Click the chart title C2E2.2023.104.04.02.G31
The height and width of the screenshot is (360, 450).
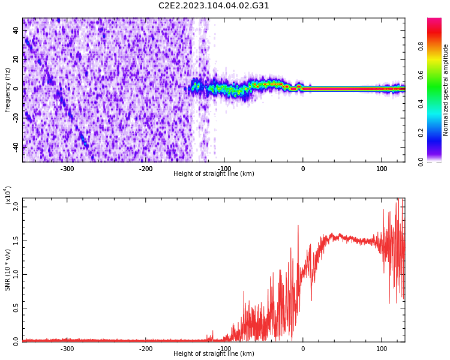pyautogui.click(x=214, y=6)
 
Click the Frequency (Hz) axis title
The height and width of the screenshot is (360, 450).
pyautogui.click(x=8, y=90)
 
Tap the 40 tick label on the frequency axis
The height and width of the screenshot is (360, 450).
pyautogui.click(x=16, y=31)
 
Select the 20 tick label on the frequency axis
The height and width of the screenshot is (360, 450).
pyautogui.click(x=16, y=60)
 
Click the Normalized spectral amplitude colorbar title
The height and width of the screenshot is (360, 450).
pyautogui.click(x=446, y=90)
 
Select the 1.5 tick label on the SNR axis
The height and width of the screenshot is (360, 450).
pyautogui.click(x=16, y=241)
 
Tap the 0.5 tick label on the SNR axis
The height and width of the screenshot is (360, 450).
pyautogui.click(x=16, y=308)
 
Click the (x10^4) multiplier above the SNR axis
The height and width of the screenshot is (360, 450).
pyautogui.click(x=8, y=195)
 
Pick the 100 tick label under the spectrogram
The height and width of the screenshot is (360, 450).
pyautogui.click(x=382, y=169)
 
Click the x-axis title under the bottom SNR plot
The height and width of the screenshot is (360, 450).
pyautogui.click(x=214, y=354)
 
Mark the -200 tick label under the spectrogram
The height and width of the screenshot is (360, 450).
pyautogui.click(x=146, y=169)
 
